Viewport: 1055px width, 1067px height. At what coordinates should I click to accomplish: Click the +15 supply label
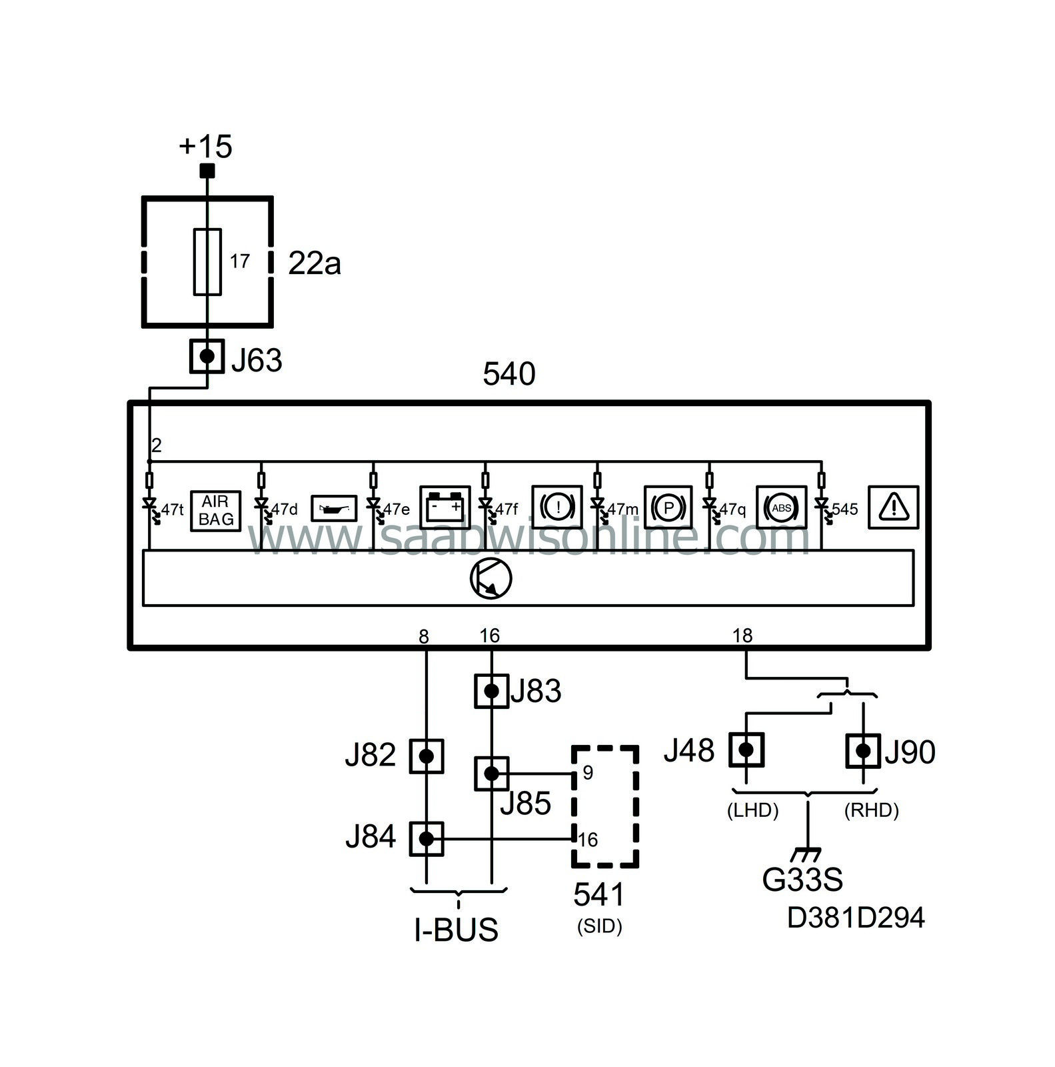coord(205,146)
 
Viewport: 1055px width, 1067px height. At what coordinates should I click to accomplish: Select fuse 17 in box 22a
coord(207,261)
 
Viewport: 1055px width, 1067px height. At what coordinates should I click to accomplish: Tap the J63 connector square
coord(207,356)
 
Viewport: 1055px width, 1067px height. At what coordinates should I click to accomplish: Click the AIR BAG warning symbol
coord(215,511)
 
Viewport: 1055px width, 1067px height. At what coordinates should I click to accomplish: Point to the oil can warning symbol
coord(334,509)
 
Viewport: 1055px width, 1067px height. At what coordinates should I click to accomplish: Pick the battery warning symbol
coord(445,508)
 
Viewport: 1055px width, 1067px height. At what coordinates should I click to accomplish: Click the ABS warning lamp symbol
coord(781,508)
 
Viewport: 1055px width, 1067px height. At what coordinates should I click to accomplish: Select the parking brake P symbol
coord(668,508)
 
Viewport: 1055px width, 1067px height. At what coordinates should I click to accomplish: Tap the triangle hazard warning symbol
coord(893,508)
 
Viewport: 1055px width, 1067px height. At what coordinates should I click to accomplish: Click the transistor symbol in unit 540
coord(491,578)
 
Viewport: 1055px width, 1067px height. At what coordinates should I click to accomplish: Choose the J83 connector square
coord(491,691)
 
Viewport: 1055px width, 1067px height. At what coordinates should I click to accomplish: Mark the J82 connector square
coord(426,756)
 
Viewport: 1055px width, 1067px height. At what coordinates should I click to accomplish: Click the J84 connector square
coord(426,839)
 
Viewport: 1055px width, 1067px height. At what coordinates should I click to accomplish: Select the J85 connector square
coord(491,774)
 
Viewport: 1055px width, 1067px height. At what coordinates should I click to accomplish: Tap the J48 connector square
coord(746,750)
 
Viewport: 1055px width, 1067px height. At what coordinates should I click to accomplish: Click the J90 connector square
coord(863,751)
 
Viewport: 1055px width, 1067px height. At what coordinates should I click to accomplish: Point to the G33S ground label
coord(802,880)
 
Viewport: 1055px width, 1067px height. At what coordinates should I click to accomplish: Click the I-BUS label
coord(457,930)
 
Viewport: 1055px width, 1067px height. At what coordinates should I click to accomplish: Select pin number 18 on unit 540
coord(742,636)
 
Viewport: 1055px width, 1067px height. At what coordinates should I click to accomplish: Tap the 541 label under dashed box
coord(599,895)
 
